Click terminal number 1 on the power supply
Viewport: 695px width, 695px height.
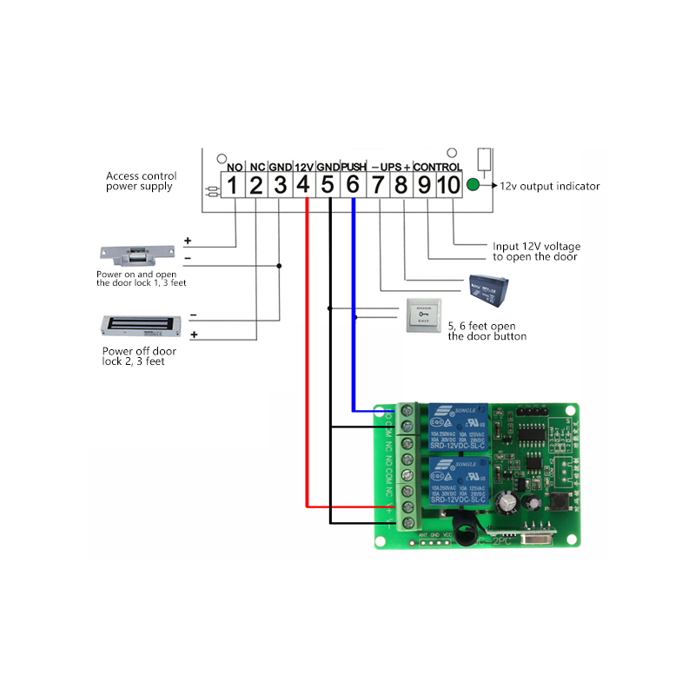[232, 184]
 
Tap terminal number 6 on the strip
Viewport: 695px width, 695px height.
[353, 184]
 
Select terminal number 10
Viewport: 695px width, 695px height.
[448, 184]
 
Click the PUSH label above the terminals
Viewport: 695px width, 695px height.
[354, 166]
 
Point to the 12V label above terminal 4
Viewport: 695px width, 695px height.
[303, 166]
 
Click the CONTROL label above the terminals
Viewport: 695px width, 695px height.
[436, 166]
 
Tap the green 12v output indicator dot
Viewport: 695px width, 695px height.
[473, 185]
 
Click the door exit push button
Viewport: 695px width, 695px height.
[423, 315]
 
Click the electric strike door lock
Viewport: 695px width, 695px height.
[136, 255]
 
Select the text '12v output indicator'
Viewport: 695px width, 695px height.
[549, 186]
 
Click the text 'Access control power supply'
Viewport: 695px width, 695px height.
[139, 181]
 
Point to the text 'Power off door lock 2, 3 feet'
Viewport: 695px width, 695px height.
[139, 356]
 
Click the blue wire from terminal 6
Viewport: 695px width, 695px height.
[353, 304]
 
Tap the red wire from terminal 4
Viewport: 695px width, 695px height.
[307, 347]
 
